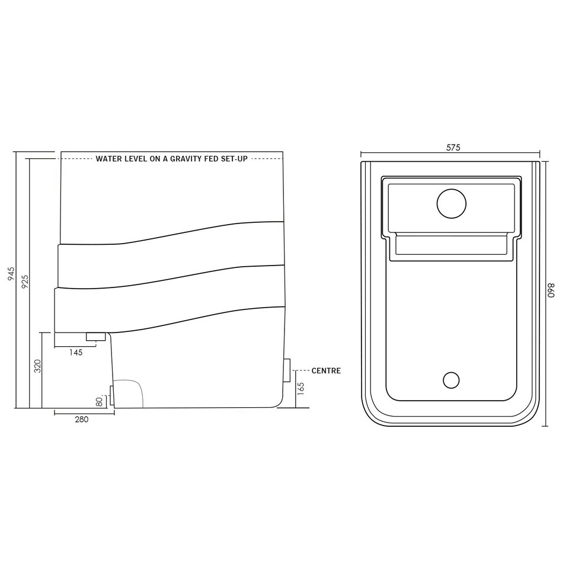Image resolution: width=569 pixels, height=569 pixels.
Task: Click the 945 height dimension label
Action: [11, 274]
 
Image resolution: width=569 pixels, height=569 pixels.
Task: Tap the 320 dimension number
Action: [37, 366]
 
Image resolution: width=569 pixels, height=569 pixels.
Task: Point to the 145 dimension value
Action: [76, 352]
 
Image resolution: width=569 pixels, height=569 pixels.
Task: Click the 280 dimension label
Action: [82, 419]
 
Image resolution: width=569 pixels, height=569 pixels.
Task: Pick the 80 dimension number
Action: [99, 401]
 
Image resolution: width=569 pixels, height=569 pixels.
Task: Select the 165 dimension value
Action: [301, 388]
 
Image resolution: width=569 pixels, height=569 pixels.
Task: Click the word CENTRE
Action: [326, 370]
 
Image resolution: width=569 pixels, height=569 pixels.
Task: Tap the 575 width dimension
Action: [453, 148]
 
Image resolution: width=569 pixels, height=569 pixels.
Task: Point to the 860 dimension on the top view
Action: [552, 290]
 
